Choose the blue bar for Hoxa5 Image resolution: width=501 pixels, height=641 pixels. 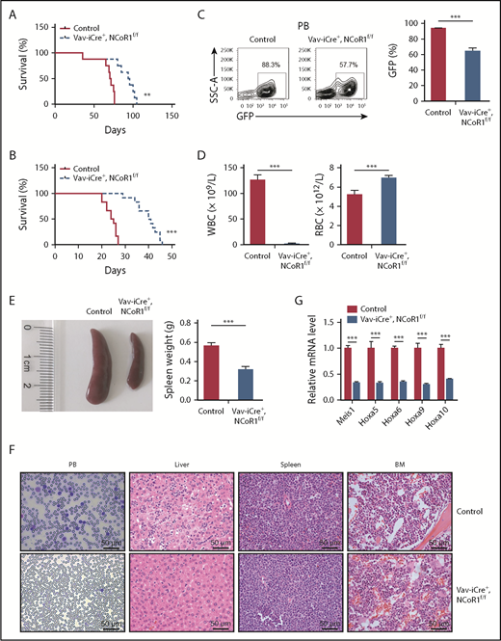point(382,384)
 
